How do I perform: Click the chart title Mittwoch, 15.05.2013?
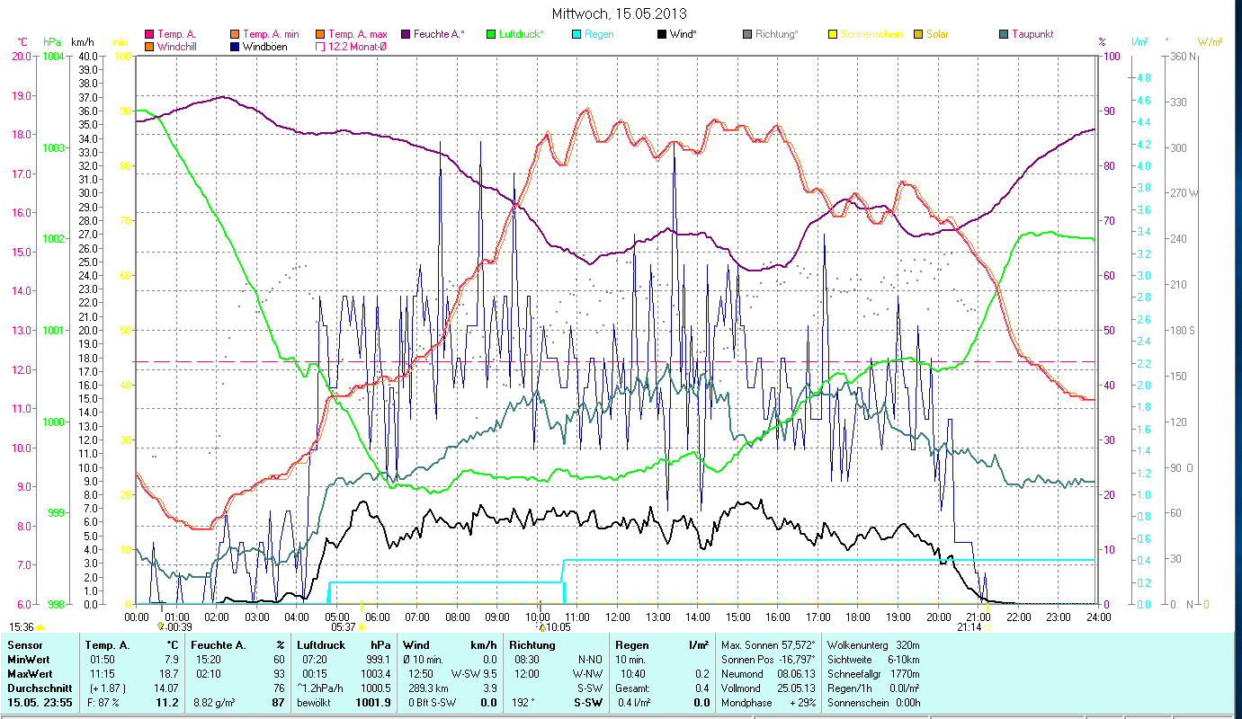click(x=620, y=14)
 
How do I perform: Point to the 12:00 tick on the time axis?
click(x=617, y=617)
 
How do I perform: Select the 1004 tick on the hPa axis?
click(x=53, y=56)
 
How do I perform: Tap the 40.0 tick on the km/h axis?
click(x=88, y=56)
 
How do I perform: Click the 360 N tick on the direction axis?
click(x=1180, y=56)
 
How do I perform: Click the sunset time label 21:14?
click(x=969, y=627)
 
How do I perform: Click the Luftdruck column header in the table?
click(x=321, y=645)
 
